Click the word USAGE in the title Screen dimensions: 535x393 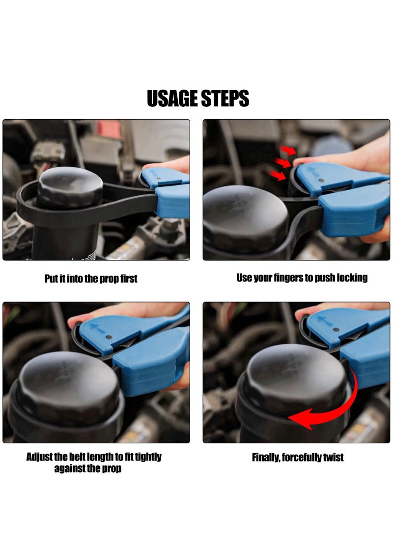click(x=171, y=99)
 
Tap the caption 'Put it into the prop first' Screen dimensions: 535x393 click(x=91, y=279)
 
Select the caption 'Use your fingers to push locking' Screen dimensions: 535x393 click(x=302, y=278)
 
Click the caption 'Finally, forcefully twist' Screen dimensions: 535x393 click(x=298, y=458)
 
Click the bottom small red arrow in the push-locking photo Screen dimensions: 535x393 click(x=279, y=175)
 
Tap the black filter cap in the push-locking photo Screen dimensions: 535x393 click(x=246, y=218)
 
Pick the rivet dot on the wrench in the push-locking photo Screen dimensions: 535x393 click(x=321, y=180)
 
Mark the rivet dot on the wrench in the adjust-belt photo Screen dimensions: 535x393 click(x=109, y=337)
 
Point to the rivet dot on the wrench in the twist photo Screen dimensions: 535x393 click(x=336, y=330)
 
